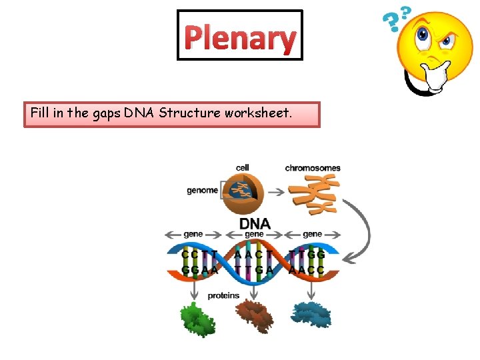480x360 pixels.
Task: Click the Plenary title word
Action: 240,38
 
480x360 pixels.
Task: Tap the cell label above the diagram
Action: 243,167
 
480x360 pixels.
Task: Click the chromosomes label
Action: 313,167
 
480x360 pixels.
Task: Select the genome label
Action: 202,190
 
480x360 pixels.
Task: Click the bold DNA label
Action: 255,223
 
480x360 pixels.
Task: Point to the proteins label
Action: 223,295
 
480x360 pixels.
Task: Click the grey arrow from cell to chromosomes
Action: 279,191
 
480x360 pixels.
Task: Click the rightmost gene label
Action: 312,235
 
